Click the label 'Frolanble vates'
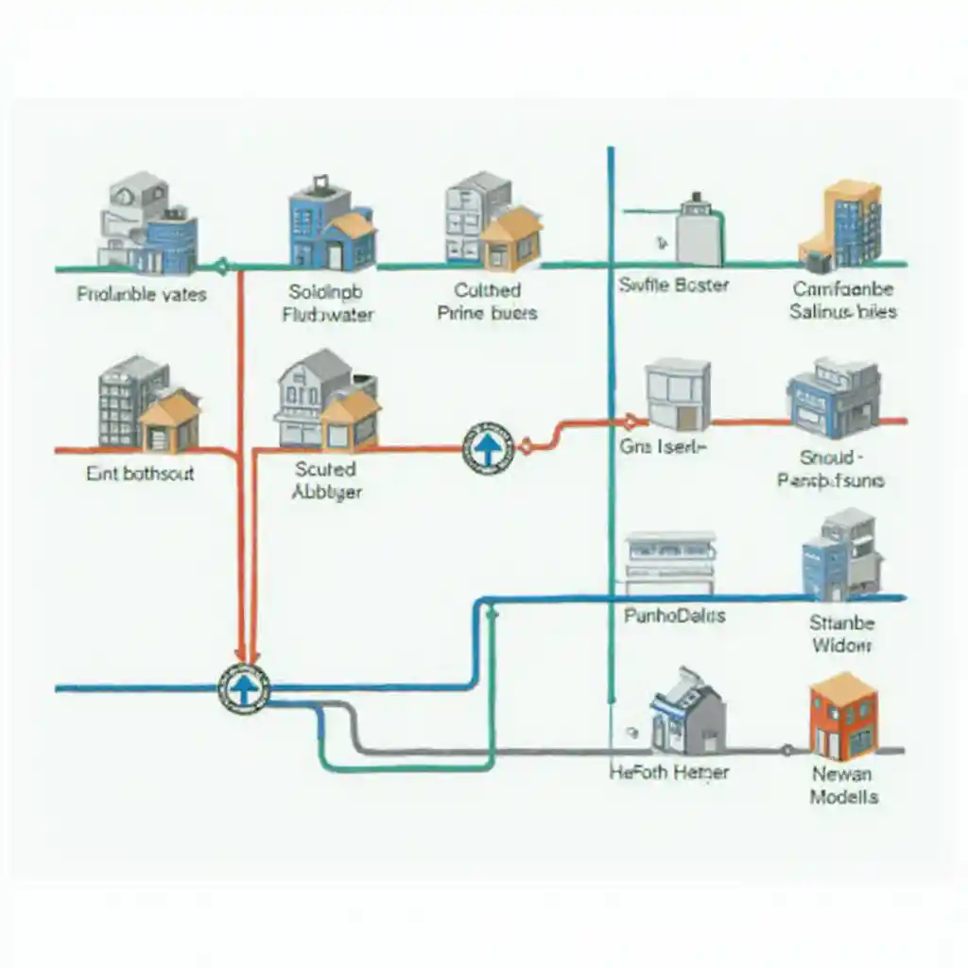coord(142,294)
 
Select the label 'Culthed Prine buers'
coord(487,302)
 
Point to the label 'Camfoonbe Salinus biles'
coord(843,300)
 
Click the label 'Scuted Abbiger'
coord(326,480)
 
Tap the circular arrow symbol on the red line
coord(487,449)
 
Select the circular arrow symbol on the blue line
coord(244,688)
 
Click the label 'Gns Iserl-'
coord(663,447)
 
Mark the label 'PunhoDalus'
coord(675,615)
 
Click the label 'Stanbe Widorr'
coord(841,634)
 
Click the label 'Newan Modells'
coord(843,786)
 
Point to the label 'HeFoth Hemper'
coord(670,772)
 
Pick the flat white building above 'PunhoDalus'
coord(669,562)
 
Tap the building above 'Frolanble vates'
coord(147,223)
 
